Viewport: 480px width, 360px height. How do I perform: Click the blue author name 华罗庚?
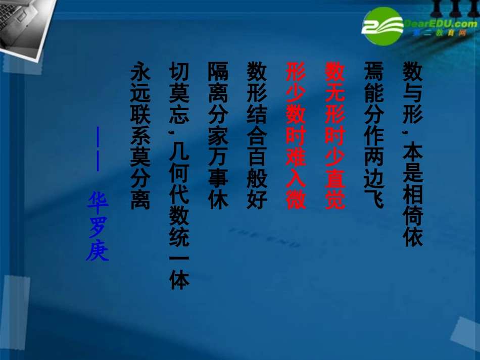coord(98,228)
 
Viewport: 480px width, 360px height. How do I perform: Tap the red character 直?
coord(334,178)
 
